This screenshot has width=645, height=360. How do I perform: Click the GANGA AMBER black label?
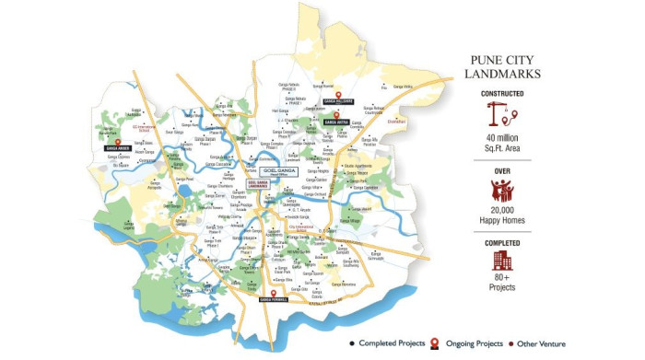click(118, 147)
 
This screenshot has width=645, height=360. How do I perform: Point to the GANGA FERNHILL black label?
click(274, 299)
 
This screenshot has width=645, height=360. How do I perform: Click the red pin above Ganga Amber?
click(118, 138)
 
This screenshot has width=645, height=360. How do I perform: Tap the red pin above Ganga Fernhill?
click(274, 290)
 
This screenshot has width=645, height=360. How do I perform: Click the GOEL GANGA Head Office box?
click(278, 171)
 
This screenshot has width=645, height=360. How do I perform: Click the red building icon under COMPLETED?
click(502, 261)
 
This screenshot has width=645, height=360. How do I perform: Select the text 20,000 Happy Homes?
click(502, 217)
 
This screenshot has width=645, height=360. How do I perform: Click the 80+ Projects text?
click(502, 283)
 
